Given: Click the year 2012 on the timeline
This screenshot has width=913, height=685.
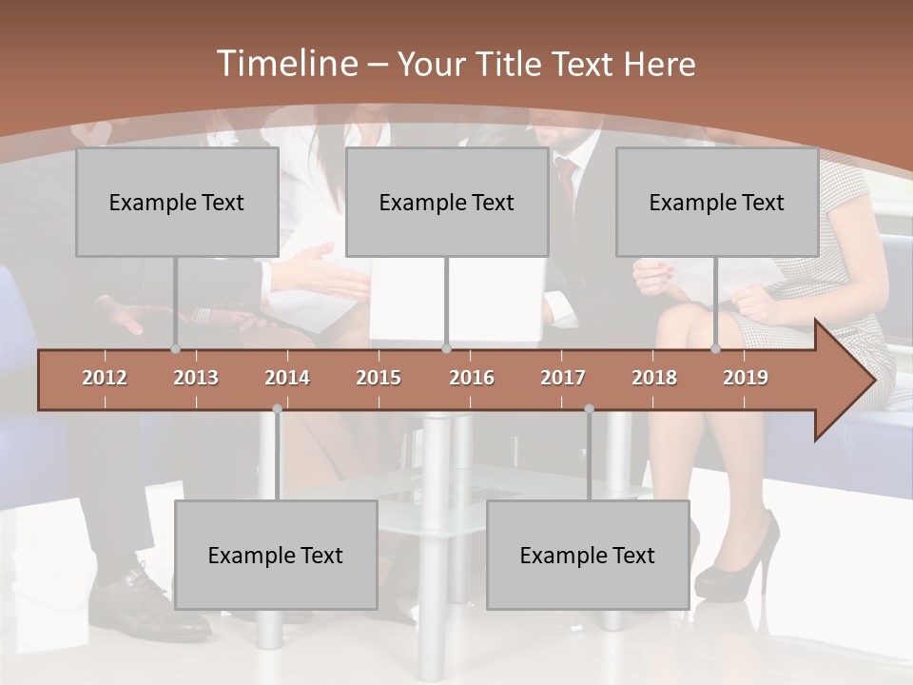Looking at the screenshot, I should pos(105,378).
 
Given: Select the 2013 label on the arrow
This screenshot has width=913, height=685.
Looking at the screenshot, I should pos(196,378).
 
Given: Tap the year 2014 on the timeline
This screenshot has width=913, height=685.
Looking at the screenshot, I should pos(287,378).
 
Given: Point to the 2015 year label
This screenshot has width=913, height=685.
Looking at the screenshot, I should pos(379,378).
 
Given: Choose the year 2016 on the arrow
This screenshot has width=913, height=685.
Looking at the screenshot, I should pos(472,378).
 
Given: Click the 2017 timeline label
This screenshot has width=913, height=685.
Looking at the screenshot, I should pos(563,378).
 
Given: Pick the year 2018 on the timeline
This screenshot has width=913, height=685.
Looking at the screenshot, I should pos(654,378).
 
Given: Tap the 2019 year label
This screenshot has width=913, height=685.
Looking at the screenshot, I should pos(746,378).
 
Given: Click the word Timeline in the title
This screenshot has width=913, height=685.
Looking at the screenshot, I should pos(284,64).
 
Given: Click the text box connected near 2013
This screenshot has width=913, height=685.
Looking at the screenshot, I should pos(177,202).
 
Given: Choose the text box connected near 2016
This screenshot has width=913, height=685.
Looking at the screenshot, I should pos(447,202).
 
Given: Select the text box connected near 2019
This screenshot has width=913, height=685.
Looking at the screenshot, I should pos(717,202).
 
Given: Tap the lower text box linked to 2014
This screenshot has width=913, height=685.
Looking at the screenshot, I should pos(276,555).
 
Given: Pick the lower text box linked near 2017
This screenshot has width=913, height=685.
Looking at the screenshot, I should pos(588,555).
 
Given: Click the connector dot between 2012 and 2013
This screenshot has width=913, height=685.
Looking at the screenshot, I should pos(175,349).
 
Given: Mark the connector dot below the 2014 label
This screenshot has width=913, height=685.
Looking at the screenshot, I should pos(277,409).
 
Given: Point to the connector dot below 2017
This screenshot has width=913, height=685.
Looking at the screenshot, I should pos(589,409).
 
